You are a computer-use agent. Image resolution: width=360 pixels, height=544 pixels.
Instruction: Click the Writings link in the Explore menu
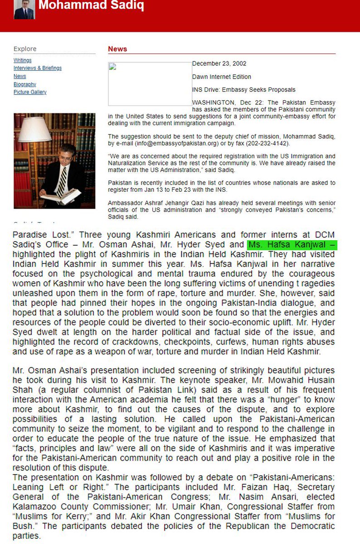[23, 60]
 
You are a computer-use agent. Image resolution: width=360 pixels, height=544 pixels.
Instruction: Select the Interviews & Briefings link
[38, 68]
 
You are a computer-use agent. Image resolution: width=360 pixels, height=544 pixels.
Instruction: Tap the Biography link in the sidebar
[25, 84]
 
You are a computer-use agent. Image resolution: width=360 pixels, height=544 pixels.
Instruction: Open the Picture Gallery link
[30, 92]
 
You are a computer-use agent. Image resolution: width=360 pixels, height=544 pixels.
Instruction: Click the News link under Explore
[20, 76]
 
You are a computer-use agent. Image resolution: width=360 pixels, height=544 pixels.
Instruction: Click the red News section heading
[117, 49]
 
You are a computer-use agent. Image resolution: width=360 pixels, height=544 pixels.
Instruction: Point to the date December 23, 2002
[219, 64]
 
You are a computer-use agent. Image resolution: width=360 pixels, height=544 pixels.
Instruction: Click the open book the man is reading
[61, 196]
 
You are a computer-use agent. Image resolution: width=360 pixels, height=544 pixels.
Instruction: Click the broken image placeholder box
[150, 84]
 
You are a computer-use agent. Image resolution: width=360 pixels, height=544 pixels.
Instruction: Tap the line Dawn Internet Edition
[222, 77]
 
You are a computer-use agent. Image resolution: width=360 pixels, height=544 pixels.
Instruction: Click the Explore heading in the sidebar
[25, 49]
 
